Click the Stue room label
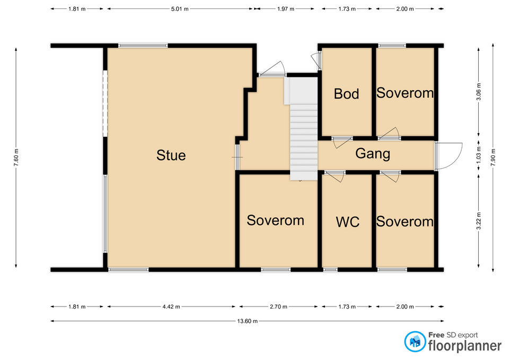(171, 155)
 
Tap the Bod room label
(346, 94)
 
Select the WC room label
(348, 222)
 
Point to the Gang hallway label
(373, 154)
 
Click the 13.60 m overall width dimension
(248, 321)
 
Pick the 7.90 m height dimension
(493, 157)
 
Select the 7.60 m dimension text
(16, 157)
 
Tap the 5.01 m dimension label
(180, 9)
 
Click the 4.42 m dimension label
(171, 306)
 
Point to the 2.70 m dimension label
(278, 306)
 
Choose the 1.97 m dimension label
(286, 9)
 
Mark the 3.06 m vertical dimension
(478, 92)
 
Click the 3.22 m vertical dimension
(478, 221)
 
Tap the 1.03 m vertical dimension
(478, 155)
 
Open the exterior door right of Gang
(449, 156)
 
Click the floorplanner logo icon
(415, 341)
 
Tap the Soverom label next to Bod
(405, 93)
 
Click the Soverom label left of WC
(275, 221)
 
